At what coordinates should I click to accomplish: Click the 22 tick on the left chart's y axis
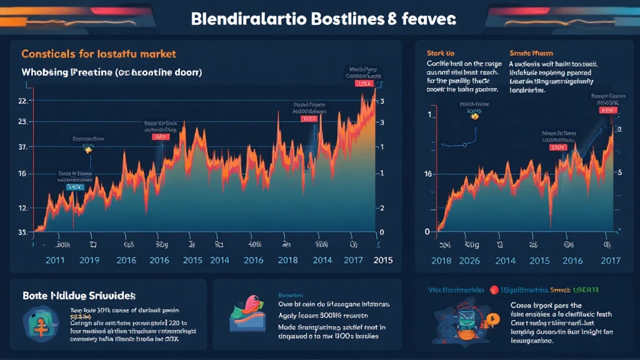pyautogui.click(x=22, y=101)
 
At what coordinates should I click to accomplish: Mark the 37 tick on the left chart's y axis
pyautogui.click(x=22, y=147)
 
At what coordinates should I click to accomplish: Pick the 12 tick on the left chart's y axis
pyautogui.click(x=22, y=207)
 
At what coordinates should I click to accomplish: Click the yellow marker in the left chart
pyautogui.click(x=88, y=149)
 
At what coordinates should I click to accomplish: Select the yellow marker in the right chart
pyautogui.click(x=474, y=116)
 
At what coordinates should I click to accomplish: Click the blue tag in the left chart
pyautogui.click(x=75, y=186)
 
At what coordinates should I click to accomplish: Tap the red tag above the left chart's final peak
pyautogui.click(x=362, y=83)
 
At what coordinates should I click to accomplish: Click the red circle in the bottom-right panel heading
pyautogui.click(x=494, y=289)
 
